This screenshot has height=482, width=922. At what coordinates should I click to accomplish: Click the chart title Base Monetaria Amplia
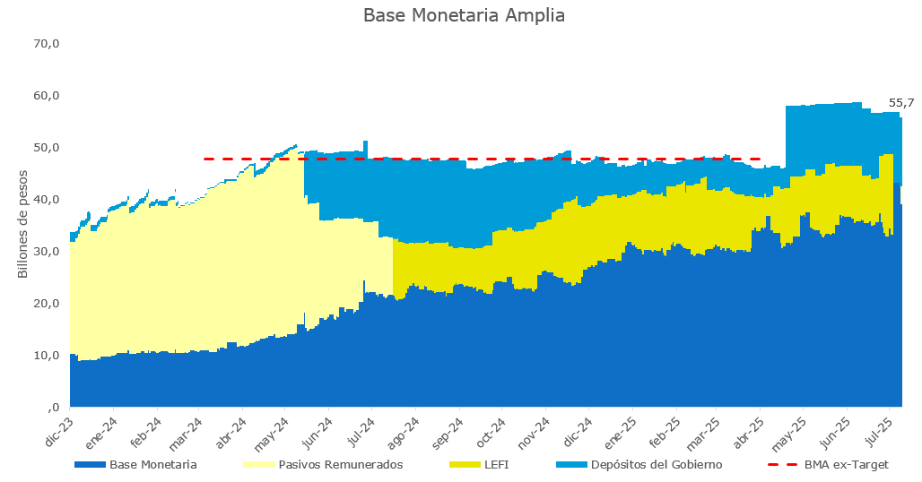coord(464,15)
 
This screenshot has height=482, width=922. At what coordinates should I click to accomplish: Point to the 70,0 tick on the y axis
coord(48,44)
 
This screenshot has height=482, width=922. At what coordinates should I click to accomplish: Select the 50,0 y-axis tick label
coord(48,148)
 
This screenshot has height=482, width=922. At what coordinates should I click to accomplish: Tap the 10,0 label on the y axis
coord(48,356)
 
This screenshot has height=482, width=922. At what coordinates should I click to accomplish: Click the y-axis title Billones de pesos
coord(22,224)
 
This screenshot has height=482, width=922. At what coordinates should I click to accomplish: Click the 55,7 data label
coord(901,103)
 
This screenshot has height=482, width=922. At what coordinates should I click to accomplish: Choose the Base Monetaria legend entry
coord(135,465)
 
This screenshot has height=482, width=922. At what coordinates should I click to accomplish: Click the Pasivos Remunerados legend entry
coord(324,465)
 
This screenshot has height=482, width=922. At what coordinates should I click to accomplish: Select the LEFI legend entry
coord(479,465)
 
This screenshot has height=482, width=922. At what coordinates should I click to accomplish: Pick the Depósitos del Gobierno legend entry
coord(639,465)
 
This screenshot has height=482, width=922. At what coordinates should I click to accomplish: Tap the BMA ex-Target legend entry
coord(829,465)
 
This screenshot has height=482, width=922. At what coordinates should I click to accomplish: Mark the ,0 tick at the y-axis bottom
coord(54,408)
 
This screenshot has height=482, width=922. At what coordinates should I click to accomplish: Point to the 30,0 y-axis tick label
coord(48,252)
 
